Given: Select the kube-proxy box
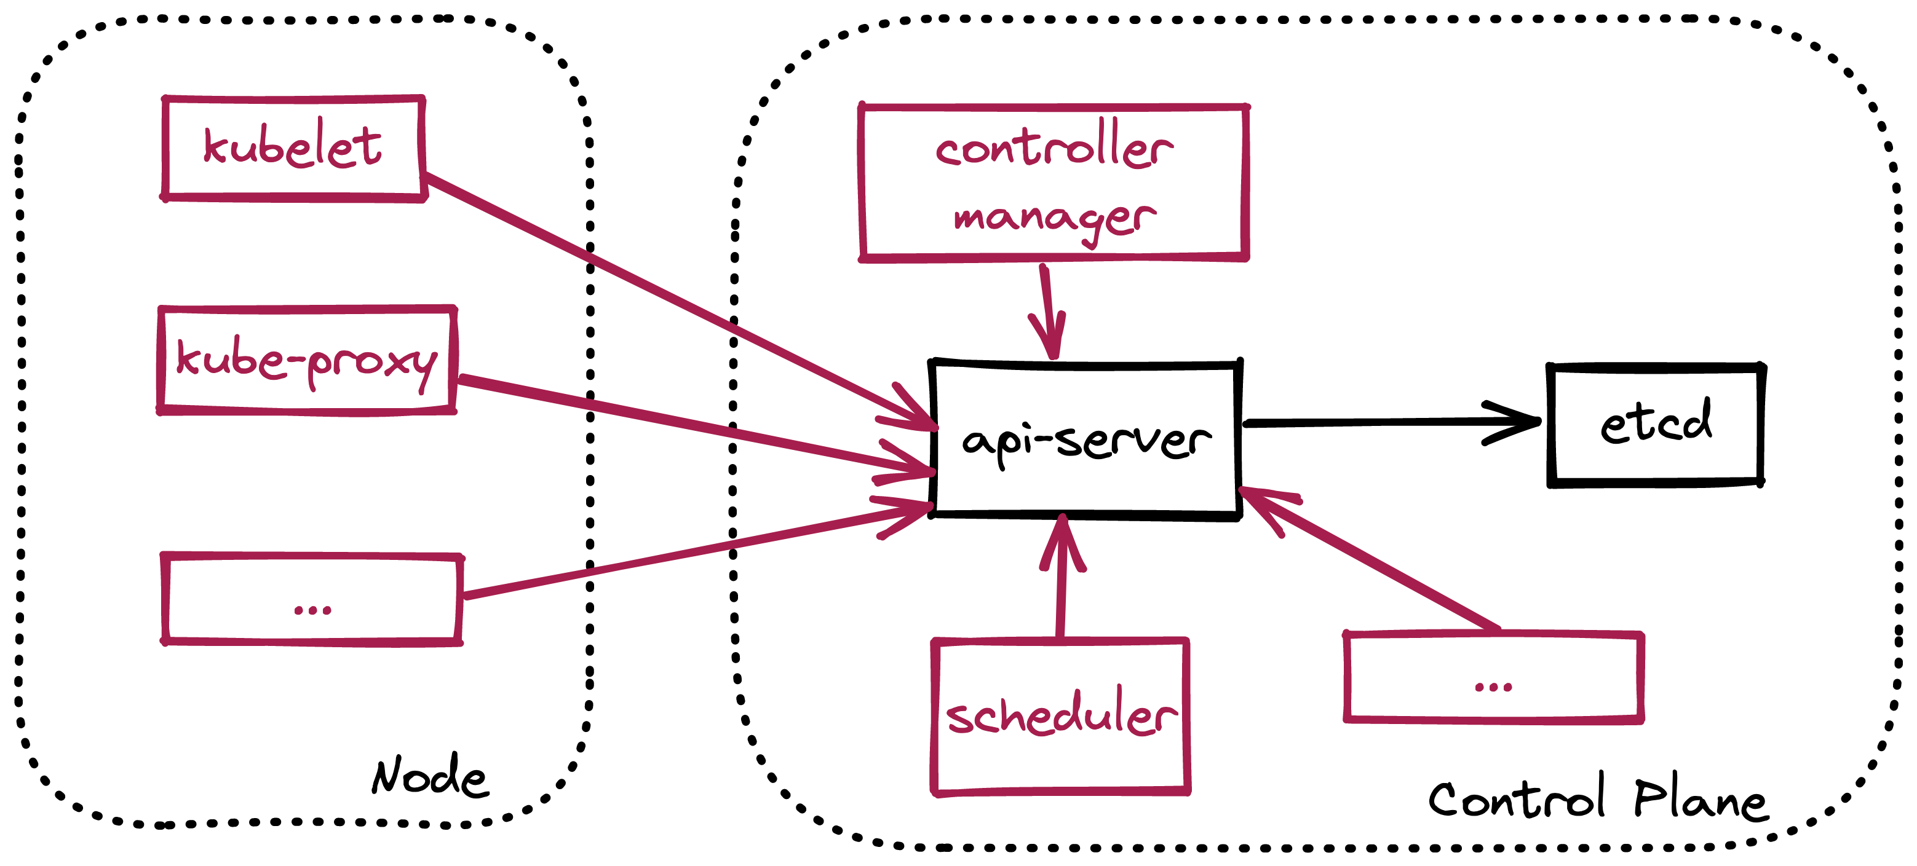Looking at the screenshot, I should click(307, 360).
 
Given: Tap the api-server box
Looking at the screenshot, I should click(1085, 439).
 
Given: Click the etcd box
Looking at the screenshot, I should click(1655, 424).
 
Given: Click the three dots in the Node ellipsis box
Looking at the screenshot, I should click(312, 610).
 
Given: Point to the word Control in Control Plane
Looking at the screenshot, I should click(1517, 798).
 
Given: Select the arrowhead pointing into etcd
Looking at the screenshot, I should click(1518, 422).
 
